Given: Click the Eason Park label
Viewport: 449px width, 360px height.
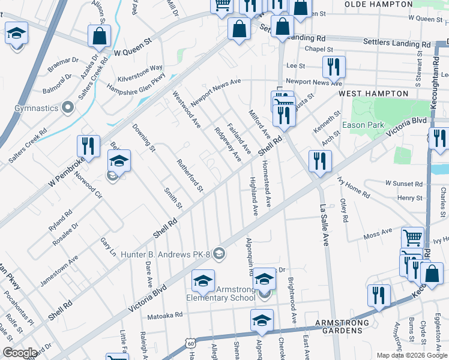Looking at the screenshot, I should (x=363, y=125).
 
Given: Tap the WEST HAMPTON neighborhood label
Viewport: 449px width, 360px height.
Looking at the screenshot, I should (x=373, y=94).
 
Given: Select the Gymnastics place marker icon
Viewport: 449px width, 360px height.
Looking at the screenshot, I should (x=68, y=108).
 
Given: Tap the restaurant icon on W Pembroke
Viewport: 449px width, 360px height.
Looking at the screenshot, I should (x=87, y=146).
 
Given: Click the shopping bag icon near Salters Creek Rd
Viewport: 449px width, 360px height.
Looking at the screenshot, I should (x=99, y=37).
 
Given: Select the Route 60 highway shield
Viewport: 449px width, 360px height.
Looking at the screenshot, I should (x=190, y=344).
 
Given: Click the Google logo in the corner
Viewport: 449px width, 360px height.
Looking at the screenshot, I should (x=20, y=353).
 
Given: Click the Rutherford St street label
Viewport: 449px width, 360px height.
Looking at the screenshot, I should (x=190, y=176).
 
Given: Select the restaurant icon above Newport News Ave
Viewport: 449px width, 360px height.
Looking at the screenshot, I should (x=333, y=67).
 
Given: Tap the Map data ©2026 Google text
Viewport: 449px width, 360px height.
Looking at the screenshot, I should (x=411, y=355).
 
